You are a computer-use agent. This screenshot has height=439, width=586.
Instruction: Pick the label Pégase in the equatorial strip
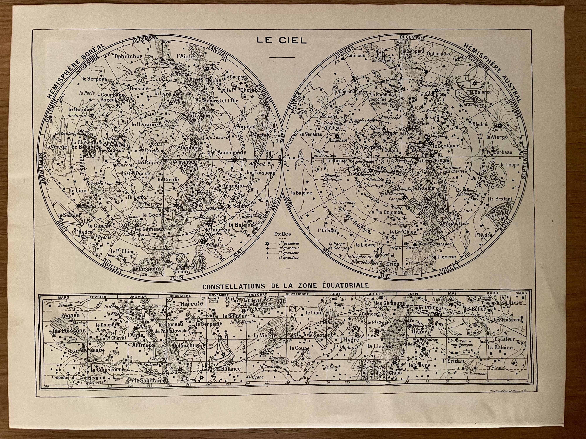[x=70, y=315]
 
